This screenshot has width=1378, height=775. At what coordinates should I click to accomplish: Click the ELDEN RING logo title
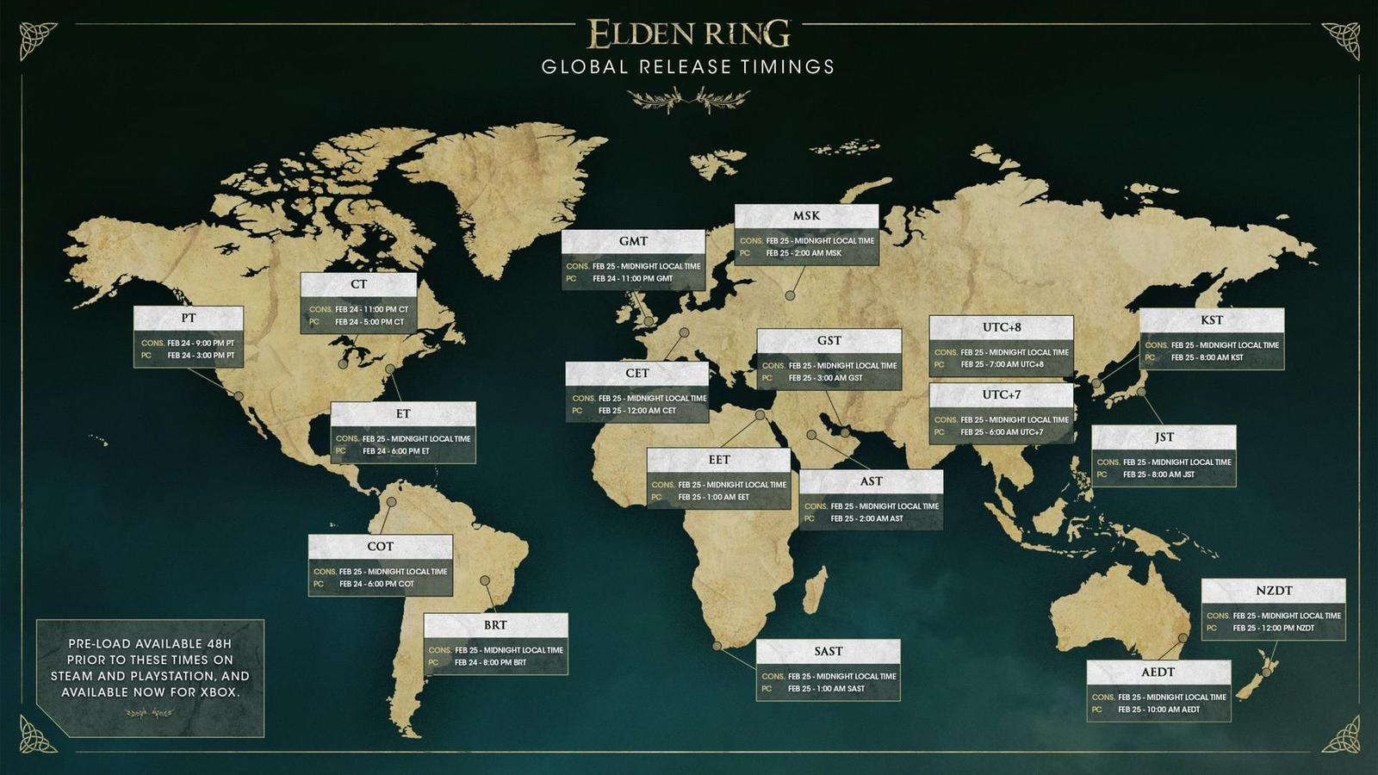point(689,34)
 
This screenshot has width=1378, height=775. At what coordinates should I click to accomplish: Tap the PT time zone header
point(189,318)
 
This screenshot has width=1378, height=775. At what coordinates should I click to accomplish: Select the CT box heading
point(358,284)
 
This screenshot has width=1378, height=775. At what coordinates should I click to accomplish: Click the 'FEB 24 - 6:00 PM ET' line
point(395,451)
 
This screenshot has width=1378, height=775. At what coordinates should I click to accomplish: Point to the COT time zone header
point(380,547)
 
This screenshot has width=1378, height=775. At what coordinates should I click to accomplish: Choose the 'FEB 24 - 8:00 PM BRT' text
point(490,663)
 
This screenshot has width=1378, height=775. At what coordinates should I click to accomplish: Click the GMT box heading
point(633,241)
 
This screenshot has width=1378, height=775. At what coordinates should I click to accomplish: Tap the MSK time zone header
point(806,216)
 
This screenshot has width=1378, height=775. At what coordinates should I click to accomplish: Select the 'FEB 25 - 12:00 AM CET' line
point(637,411)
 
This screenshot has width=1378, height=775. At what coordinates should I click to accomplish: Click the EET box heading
point(719,460)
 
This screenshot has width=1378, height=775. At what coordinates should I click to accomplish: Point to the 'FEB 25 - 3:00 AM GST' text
point(825,378)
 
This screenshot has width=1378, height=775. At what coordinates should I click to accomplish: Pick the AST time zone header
point(871,481)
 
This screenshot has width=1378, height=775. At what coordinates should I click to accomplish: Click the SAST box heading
point(829,651)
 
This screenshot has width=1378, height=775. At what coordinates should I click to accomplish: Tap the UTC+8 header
point(1002,327)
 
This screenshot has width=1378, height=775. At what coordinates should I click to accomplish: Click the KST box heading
point(1212,319)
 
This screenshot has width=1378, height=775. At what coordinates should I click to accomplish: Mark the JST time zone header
point(1164,437)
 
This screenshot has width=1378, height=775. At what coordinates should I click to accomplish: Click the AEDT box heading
point(1158,673)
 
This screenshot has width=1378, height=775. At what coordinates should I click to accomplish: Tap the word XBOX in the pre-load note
point(215,692)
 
